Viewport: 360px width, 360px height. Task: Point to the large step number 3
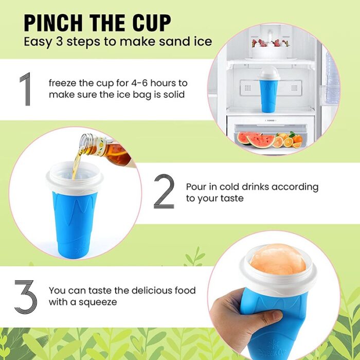tap(25, 296)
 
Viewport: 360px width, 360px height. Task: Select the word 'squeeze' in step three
tap(99, 302)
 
